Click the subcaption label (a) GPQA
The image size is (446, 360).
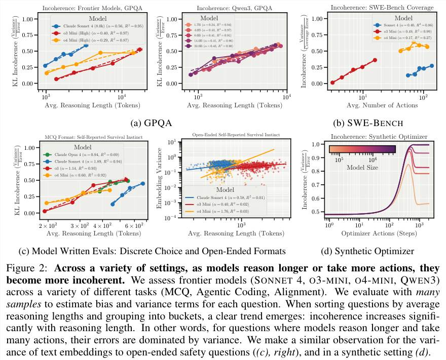click(x=152, y=123)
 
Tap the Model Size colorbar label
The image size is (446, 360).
click(x=362, y=166)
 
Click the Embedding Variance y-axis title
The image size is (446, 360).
click(x=173, y=179)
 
